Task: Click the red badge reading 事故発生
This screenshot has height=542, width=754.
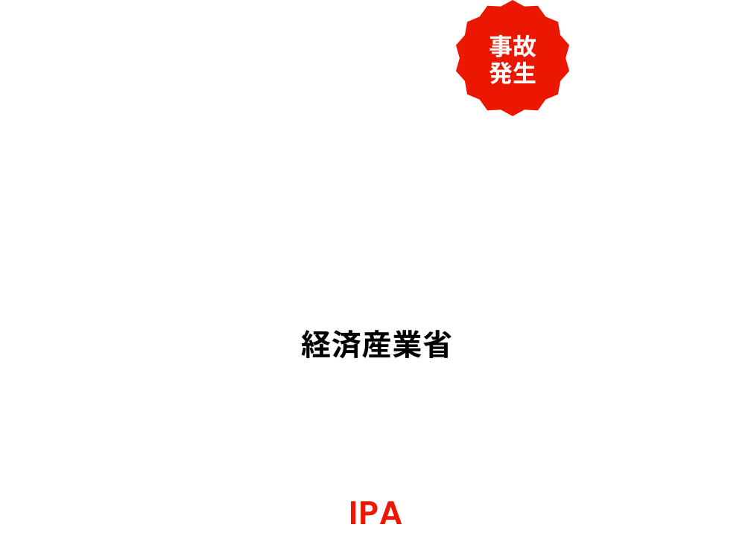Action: click(x=513, y=60)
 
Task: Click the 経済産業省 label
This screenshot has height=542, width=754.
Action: click(x=376, y=344)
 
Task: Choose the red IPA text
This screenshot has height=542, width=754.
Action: click(x=376, y=514)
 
